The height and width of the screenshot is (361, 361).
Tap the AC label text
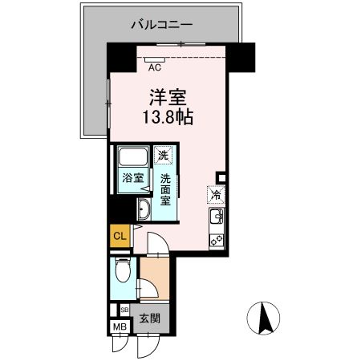(x=155, y=68)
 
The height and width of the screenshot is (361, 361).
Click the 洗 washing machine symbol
(x=164, y=155)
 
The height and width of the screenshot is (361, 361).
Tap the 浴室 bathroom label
(x=132, y=178)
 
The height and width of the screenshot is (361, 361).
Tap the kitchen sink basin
(x=215, y=217)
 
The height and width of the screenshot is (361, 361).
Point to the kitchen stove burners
(x=215, y=237)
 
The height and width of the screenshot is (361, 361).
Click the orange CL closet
(x=119, y=236)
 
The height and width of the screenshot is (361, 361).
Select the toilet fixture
(x=121, y=271)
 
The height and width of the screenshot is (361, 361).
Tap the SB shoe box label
(x=124, y=309)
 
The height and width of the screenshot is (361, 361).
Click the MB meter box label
(x=120, y=326)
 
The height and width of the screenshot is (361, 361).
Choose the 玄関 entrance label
(x=151, y=318)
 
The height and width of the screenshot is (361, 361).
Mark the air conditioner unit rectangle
(x=155, y=59)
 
